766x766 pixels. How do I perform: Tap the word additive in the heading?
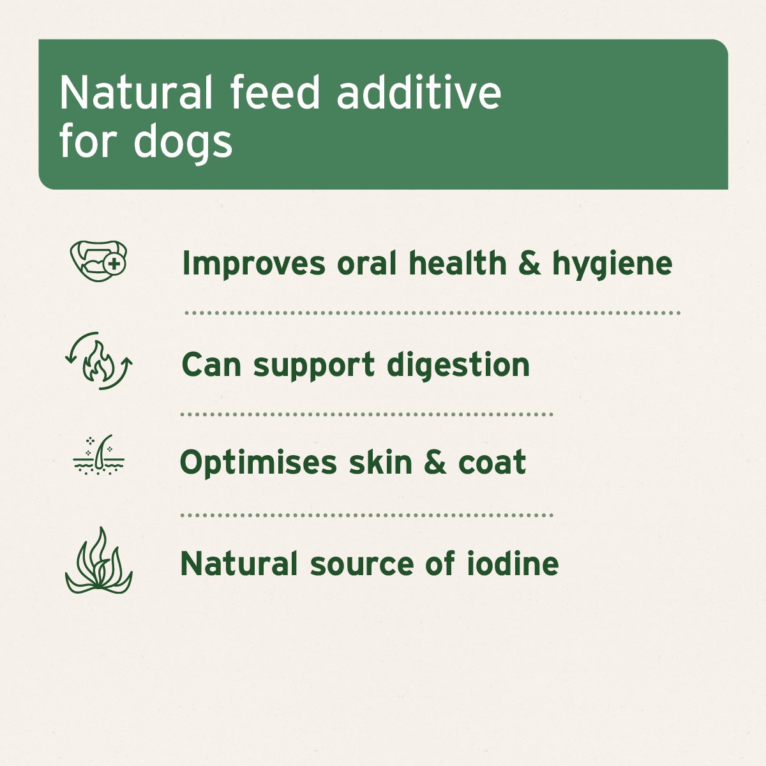tap(418, 93)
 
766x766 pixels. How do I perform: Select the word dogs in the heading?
tap(183, 142)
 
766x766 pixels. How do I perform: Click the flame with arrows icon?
tap(99, 361)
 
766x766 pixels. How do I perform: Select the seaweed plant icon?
tap(98, 562)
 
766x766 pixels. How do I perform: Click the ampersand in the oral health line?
tap(529, 264)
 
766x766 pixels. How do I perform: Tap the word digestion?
tap(458, 366)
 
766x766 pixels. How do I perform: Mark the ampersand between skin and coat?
tap(434, 463)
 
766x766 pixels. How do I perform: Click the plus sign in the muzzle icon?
tap(114, 263)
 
